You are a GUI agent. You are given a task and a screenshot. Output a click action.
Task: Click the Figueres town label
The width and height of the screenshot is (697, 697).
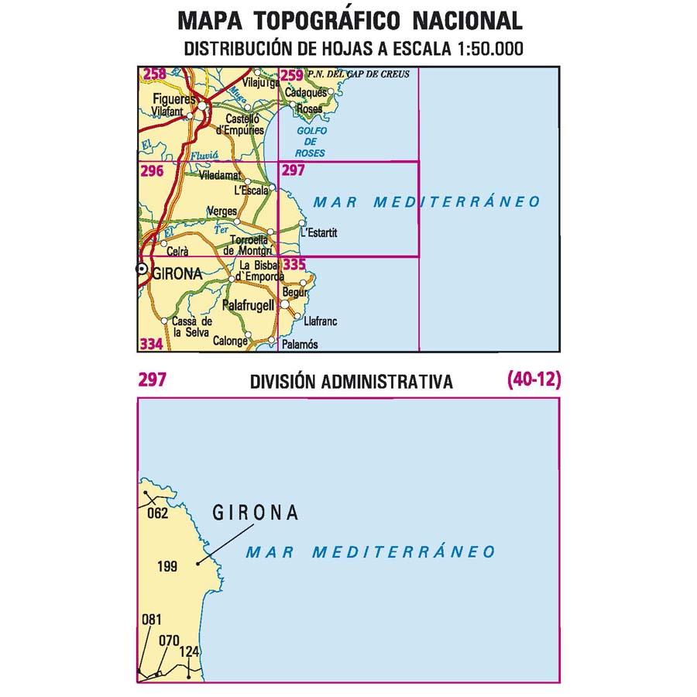[x=173, y=99]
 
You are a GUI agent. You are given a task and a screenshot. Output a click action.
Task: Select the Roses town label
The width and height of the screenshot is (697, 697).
[x=309, y=109]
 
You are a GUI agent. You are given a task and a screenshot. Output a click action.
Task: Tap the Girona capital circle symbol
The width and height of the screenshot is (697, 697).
[x=142, y=269]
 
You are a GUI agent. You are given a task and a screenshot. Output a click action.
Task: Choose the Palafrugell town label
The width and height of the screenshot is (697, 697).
[x=248, y=306]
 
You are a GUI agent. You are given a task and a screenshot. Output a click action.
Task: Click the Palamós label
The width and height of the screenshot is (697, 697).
[x=301, y=344]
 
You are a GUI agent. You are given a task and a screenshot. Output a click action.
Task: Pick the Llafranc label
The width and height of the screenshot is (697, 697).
[x=320, y=321]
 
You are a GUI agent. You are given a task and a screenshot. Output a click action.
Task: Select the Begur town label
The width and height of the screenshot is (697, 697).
[x=295, y=292]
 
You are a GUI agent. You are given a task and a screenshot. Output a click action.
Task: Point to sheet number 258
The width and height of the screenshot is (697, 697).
[x=154, y=75]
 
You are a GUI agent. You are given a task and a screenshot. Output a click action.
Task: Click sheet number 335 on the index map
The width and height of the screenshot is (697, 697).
[x=294, y=265]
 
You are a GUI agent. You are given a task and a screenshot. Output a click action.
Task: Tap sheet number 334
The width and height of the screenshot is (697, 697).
[x=152, y=343]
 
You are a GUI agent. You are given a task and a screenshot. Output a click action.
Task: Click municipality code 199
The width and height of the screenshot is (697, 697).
[x=167, y=567]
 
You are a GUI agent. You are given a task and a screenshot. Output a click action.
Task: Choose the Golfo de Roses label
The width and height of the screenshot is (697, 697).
[x=307, y=142]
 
